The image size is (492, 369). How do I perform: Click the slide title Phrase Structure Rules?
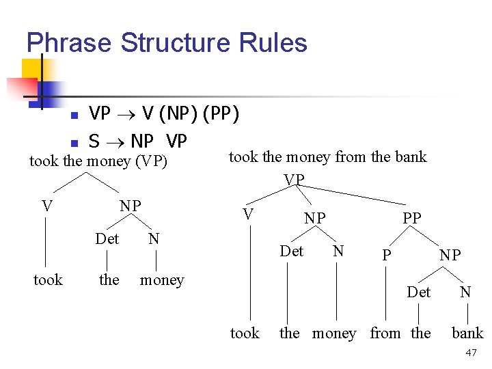167,42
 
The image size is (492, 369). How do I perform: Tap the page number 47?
470,353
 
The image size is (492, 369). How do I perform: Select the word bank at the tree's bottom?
467,333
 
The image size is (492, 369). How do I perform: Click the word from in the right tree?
385,333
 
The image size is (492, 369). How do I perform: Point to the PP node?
412,218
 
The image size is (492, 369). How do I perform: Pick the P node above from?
387,255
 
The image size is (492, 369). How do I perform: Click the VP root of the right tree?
294,179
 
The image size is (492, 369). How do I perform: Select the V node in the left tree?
46,206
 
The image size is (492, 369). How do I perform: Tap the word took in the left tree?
48,280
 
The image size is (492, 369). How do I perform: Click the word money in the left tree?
162,280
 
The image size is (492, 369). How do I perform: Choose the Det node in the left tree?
107,239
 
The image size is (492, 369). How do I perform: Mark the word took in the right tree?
245,333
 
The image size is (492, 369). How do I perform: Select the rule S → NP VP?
137,141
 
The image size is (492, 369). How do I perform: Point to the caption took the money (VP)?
98,161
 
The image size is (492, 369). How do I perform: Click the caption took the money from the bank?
327,157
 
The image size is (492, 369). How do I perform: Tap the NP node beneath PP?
450,255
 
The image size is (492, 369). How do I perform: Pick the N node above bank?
465,292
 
